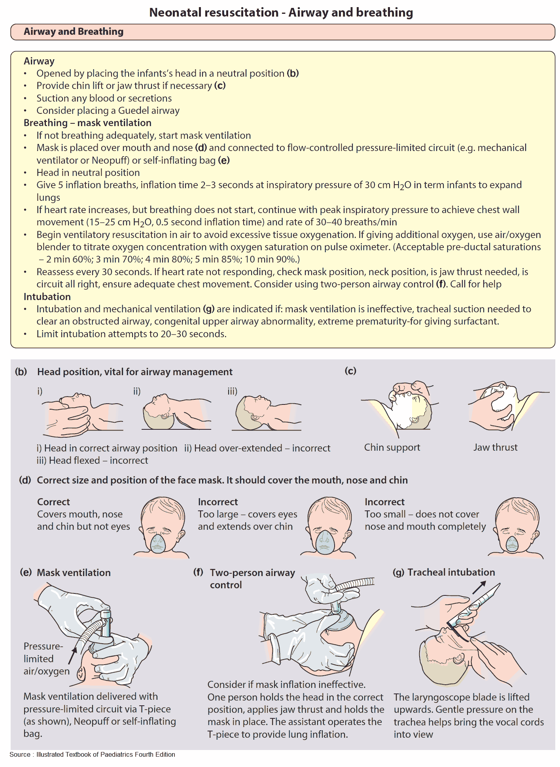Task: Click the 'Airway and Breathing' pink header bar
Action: (x=282, y=32)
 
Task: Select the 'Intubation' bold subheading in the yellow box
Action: (x=47, y=297)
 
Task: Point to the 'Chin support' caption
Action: (x=392, y=448)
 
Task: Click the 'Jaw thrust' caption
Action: (x=495, y=448)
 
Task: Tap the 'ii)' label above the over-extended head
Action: (x=137, y=391)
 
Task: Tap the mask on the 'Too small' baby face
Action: (x=512, y=544)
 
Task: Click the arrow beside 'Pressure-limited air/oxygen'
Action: (x=72, y=656)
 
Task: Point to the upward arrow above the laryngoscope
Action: (x=479, y=588)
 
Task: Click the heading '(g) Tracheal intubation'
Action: (x=444, y=572)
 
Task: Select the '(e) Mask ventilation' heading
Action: (x=65, y=573)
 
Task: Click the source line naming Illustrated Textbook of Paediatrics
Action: (x=93, y=754)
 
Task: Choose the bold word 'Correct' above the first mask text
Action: (x=53, y=502)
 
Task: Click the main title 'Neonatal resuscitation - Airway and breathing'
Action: (x=281, y=13)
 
